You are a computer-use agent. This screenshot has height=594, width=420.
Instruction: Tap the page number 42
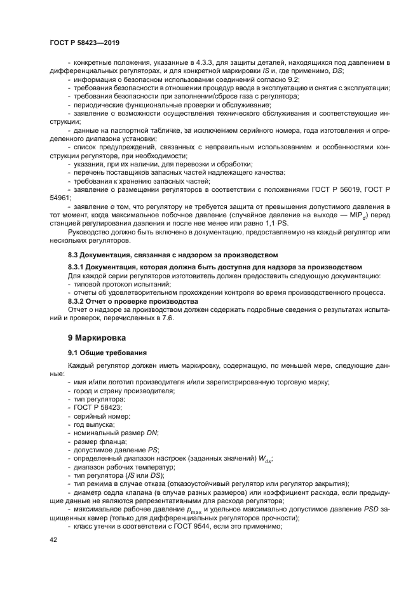click(x=53, y=539)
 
